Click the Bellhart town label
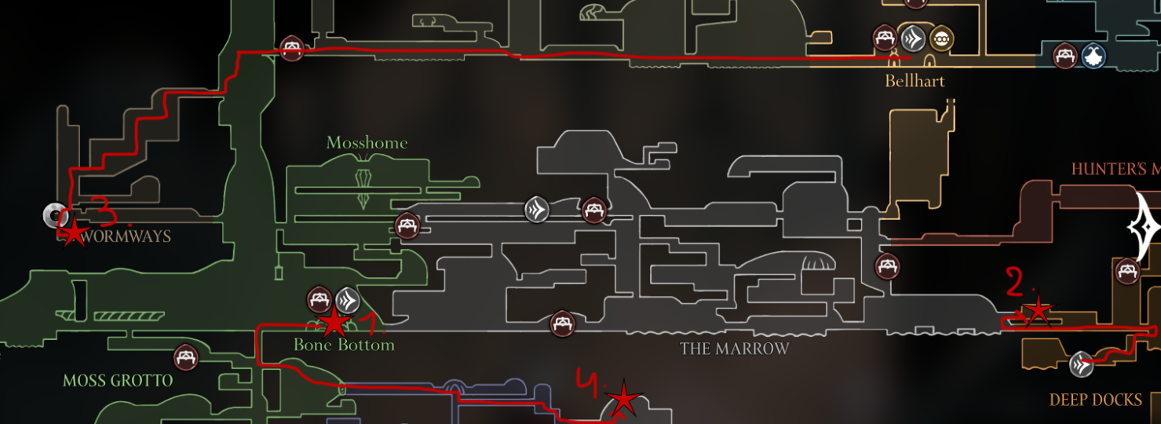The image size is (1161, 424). point(915,81)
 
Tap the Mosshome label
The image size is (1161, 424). point(367,143)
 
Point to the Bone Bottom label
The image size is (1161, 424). point(344,345)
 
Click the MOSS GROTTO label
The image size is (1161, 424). point(118,381)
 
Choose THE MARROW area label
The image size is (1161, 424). point(734,349)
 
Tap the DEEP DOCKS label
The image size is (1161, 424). point(1095,400)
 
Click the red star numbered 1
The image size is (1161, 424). point(334,322)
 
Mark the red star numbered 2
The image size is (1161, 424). point(1038,310)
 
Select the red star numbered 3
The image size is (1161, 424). point(73,232)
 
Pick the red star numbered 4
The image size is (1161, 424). point(623,400)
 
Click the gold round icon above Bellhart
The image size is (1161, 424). point(941,38)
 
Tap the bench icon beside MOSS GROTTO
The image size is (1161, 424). point(186,357)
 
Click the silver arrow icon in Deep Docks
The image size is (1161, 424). point(1082,364)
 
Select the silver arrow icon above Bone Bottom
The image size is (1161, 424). point(348,299)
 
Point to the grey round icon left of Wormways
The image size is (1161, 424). point(54,214)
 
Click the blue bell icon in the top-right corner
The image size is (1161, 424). point(1093,55)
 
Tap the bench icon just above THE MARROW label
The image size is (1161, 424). point(561,323)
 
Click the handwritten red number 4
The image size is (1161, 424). point(588,385)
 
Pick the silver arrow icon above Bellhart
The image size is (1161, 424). point(913,38)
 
